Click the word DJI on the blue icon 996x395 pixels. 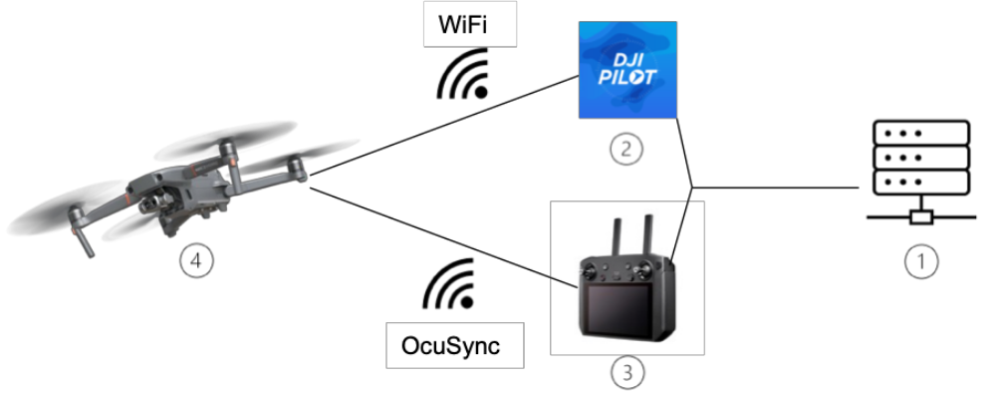627,56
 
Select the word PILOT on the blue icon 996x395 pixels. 627,77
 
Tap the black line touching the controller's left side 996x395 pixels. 566,283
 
